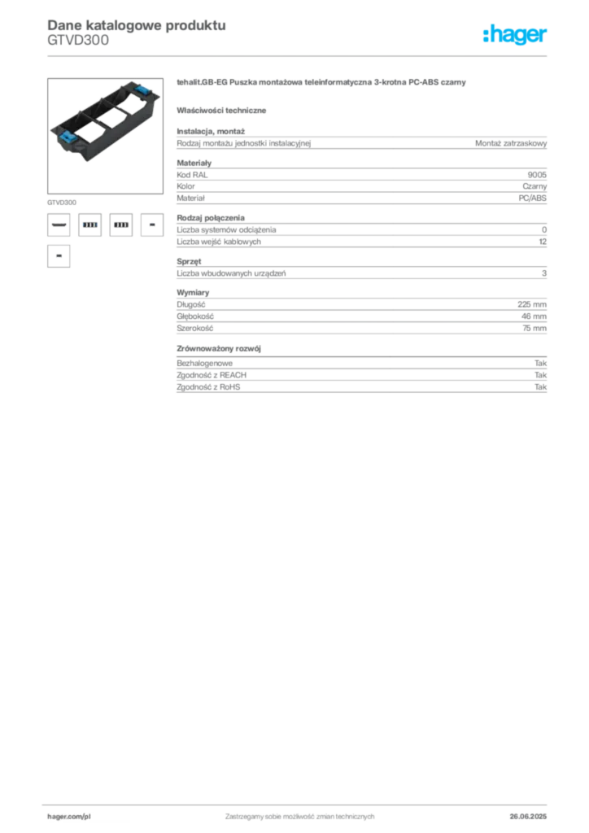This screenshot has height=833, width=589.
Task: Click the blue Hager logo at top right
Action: (516, 36)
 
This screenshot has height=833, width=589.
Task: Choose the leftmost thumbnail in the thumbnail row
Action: (58, 225)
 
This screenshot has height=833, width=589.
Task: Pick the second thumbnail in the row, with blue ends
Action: (89, 225)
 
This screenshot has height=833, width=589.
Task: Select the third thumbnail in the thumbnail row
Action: (120, 225)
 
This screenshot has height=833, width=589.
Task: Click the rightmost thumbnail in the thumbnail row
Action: (151, 225)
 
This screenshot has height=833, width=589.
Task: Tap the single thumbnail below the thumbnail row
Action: (58, 255)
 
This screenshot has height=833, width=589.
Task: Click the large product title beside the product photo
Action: (322, 84)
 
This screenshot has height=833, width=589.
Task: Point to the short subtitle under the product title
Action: (224, 110)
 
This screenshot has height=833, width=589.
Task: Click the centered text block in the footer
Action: (299, 814)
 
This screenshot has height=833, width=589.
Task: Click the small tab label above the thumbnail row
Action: (62, 200)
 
